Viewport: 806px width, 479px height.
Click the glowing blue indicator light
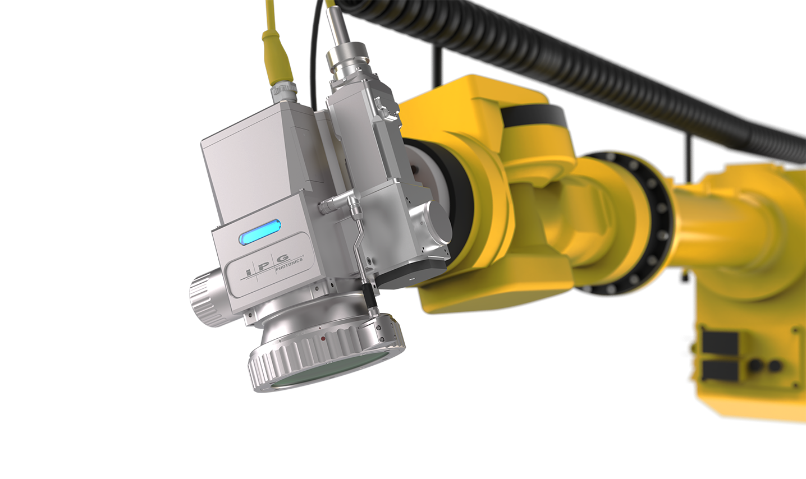tap(259, 233)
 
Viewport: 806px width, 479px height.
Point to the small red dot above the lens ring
tap(323, 339)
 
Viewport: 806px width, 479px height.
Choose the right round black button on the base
tap(775, 366)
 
